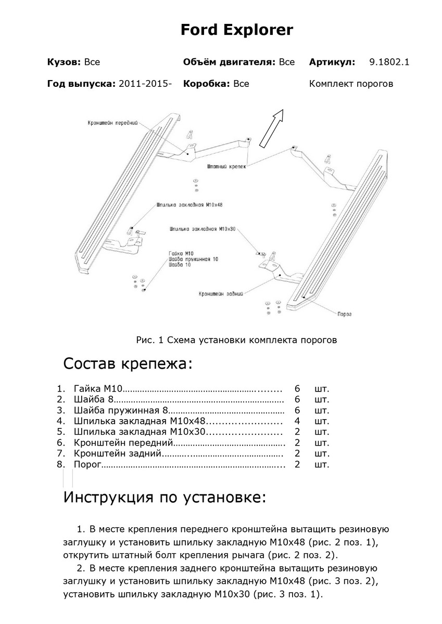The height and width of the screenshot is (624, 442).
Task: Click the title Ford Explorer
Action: point(237,30)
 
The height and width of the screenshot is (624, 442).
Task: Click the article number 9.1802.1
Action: point(389,62)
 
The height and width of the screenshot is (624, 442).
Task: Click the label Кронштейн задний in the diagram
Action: point(221,294)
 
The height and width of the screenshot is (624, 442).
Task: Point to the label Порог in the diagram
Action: point(345,314)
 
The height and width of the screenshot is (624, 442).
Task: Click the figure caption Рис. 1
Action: point(237,341)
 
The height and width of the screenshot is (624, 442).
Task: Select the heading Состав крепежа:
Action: point(128,363)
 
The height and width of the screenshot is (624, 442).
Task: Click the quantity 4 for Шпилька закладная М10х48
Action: point(297,421)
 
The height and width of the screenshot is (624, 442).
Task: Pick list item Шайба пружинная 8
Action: point(121,410)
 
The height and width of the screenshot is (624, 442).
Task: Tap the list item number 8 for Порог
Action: point(60,464)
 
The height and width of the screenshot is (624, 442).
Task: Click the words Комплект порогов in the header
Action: point(351,84)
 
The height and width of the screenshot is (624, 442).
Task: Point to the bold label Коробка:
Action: point(207,84)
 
